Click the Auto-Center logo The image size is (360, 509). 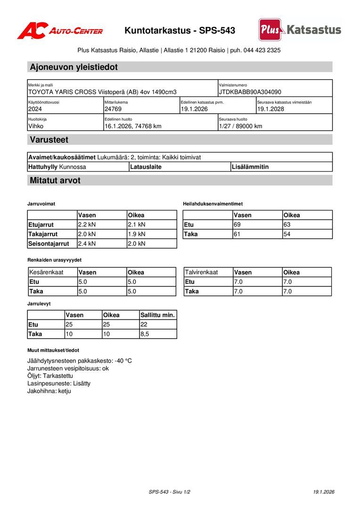(x=60, y=31)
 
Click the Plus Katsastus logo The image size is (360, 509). (x=300, y=30)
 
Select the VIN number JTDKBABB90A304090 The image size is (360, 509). (x=250, y=92)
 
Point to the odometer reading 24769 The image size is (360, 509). (x=113, y=109)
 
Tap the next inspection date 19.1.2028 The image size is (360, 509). (x=270, y=109)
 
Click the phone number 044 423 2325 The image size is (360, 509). (x=262, y=50)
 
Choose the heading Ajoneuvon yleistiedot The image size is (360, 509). (x=74, y=67)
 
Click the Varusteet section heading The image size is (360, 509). (x=49, y=140)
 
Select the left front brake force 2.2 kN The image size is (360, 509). (x=87, y=225)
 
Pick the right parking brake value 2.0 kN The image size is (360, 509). (x=137, y=244)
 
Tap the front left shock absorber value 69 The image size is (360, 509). (x=237, y=225)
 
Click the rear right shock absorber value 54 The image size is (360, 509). (x=287, y=234)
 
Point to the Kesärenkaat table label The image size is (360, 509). (x=46, y=272)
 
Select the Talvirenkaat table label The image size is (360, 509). (x=201, y=272)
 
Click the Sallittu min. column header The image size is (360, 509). (x=157, y=315)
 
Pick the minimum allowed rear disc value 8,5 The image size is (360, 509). (x=145, y=334)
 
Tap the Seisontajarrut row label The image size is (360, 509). (x=49, y=244)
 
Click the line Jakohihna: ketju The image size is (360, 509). (x=49, y=391)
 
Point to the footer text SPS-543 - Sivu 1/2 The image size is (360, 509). (x=169, y=492)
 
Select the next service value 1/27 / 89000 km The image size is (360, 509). (x=240, y=126)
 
